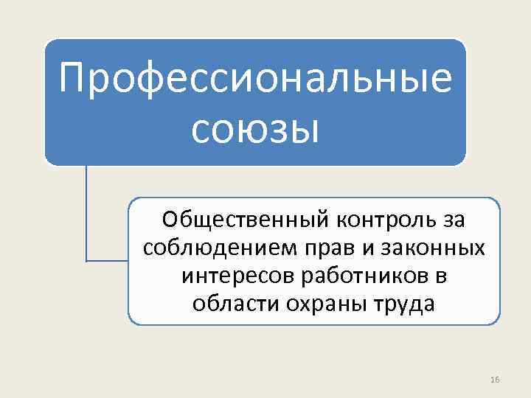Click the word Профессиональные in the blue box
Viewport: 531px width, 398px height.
pos(255,79)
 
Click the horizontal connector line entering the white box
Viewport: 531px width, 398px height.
pos(108,260)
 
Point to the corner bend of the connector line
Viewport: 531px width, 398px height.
pos(86,260)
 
